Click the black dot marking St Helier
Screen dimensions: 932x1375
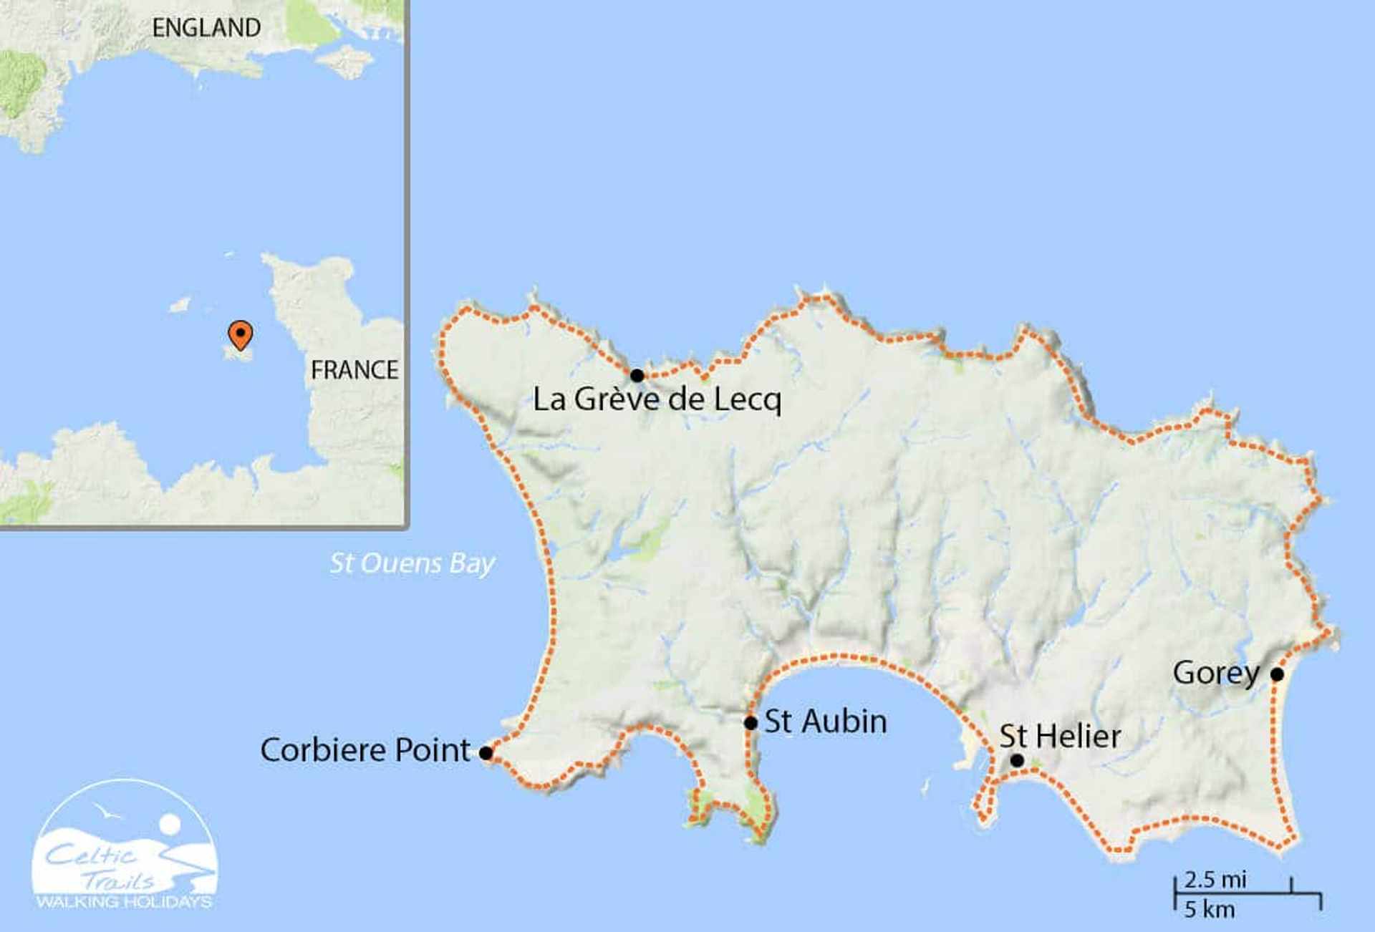click(x=1017, y=760)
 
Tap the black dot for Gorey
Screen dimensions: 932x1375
click(x=1277, y=674)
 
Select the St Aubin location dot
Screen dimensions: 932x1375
click(x=751, y=723)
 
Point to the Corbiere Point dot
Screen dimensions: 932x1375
click(x=486, y=753)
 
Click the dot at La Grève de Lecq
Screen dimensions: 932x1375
click(x=637, y=376)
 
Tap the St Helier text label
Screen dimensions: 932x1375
click(x=1060, y=737)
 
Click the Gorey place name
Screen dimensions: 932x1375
click(x=1216, y=674)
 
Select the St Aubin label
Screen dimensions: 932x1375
click(x=826, y=722)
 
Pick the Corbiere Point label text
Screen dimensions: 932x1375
click(x=365, y=750)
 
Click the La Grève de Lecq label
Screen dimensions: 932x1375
click(x=657, y=399)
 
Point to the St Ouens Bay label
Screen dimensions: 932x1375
click(x=412, y=563)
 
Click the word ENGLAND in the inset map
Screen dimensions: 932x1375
click(x=206, y=28)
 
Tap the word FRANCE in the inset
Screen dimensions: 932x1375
click(x=354, y=370)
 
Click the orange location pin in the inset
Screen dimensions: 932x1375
click(x=240, y=334)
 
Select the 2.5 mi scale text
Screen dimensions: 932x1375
click(x=1215, y=879)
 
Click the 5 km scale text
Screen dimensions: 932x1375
click(x=1209, y=909)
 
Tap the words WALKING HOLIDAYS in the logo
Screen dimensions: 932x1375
click(x=125, y=902)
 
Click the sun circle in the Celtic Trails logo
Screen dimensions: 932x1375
click(x=170, y=824)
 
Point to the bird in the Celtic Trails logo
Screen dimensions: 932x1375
click(x=107, y=812)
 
